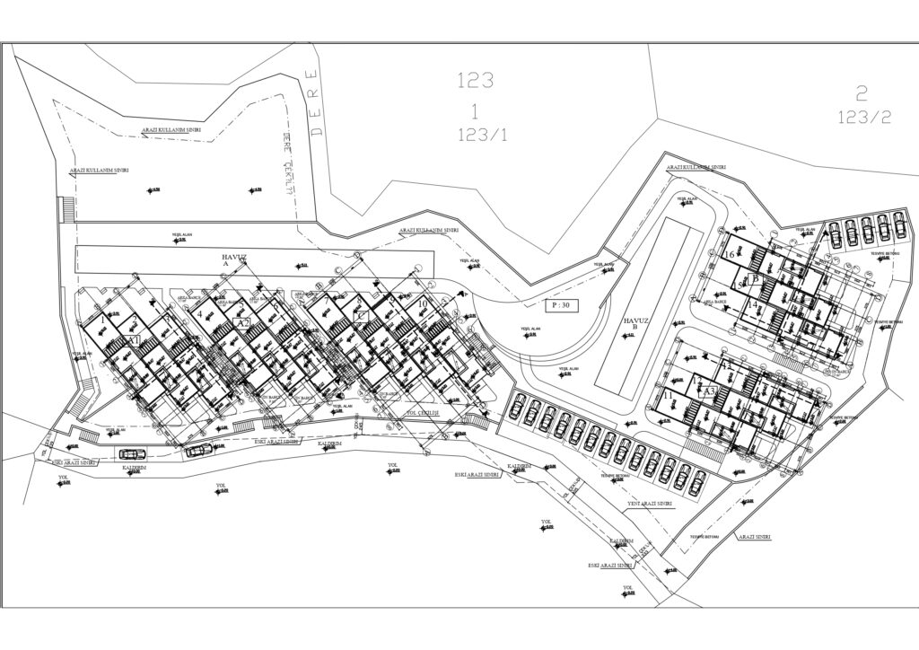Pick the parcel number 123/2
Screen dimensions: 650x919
863,117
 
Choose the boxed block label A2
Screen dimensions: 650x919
241,323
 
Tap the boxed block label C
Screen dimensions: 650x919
361,316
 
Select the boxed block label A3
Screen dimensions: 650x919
708,391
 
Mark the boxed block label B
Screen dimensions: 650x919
756,279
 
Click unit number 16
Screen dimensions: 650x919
728,256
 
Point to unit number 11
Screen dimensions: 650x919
667,396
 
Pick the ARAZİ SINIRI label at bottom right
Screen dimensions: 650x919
754,536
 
